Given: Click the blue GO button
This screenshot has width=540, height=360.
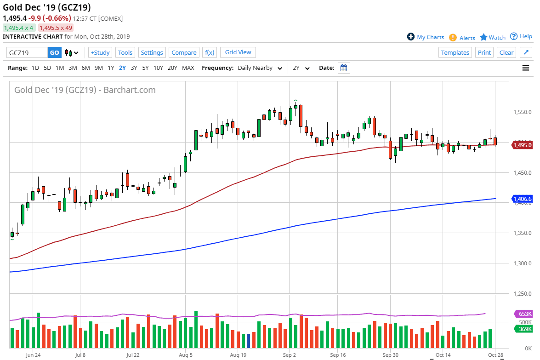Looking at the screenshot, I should click(54, 52).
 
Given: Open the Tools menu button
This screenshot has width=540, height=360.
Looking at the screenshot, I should click(125, 52).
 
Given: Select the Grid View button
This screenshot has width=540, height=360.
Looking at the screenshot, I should click(238, 52).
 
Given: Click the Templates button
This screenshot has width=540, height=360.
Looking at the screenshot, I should click(455, 52).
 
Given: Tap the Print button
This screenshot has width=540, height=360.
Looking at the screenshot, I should click(484, 52).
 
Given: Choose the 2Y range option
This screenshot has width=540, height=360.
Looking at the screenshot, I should click(122, 68).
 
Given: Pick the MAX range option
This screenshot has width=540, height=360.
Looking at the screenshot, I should click(188, 68).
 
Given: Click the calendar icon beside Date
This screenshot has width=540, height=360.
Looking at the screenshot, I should click(344, 68).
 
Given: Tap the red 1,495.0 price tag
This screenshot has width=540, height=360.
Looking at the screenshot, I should click(523, 145).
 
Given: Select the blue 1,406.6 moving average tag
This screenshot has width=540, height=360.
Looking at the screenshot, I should click(523, 199).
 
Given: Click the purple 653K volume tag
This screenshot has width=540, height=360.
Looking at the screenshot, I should click(524, 314).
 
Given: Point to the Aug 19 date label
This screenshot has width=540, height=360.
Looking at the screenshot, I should click(238, 355).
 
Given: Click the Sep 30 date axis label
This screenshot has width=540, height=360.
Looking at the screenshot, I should click(390, 355).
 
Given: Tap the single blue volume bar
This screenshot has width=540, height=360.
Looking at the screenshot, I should click(248, 341).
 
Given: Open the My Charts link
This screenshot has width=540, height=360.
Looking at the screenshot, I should click(426, 37).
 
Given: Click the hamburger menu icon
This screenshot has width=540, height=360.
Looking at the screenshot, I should click(526, 68).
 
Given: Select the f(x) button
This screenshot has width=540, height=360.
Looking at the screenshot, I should click(210, 52).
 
